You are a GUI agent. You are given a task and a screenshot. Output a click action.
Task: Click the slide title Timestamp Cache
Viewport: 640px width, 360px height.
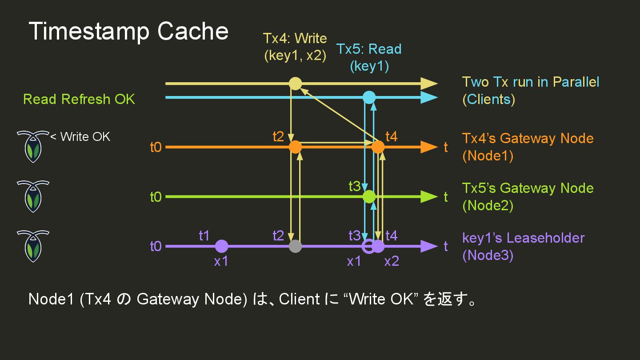pyautogui.click(x=128, y=32)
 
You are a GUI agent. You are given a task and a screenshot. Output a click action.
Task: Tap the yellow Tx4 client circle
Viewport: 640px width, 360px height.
pyautogui.click(x=295, y=84)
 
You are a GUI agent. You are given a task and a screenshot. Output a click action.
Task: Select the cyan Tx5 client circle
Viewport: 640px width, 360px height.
pyautogui.click(x=369, y=97)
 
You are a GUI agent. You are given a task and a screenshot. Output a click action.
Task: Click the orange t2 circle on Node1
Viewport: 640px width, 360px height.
pyautogui.click(x=295, y=147)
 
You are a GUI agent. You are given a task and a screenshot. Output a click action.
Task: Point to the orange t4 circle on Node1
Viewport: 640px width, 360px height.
pyautogui.click(x=378, y=147)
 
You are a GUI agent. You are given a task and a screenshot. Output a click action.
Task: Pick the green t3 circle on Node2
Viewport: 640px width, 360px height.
pyautogui.click(x=369, y=196)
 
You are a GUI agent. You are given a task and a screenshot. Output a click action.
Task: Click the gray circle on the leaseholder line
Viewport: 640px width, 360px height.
pyautogui.click(x=295, y=246)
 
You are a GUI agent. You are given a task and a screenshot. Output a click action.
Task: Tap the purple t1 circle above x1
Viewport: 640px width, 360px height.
pyautogui.click(x=221, y=246)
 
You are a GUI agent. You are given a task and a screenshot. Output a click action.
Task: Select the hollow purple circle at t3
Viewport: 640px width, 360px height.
pyautogui.click(x=368, y=246)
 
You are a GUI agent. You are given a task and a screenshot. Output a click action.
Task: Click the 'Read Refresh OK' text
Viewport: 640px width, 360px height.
pyautogui.click(x=79, y=99)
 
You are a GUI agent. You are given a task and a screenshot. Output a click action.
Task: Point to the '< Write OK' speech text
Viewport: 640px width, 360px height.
pyautogui.click(x=80, y=136)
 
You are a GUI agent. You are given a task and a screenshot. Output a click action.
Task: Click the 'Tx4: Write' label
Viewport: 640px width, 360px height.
pyautogui.click(x=295, y=39)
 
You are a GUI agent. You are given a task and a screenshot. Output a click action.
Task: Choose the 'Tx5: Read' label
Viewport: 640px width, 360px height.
pyautogui.click(x=369, y=49)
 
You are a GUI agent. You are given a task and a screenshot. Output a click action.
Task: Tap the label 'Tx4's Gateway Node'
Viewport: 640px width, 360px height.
pyautogui.click(x=528, y=138)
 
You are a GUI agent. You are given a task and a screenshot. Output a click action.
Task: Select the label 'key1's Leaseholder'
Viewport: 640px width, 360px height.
pyautogui.click(x=523, y=238)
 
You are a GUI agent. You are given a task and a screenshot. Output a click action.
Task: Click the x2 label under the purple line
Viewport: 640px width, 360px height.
pyautogui.click(x=392, y=261)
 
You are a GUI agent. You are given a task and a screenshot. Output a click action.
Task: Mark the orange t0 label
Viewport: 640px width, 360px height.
pyautogui.click(x=156, y=147)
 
